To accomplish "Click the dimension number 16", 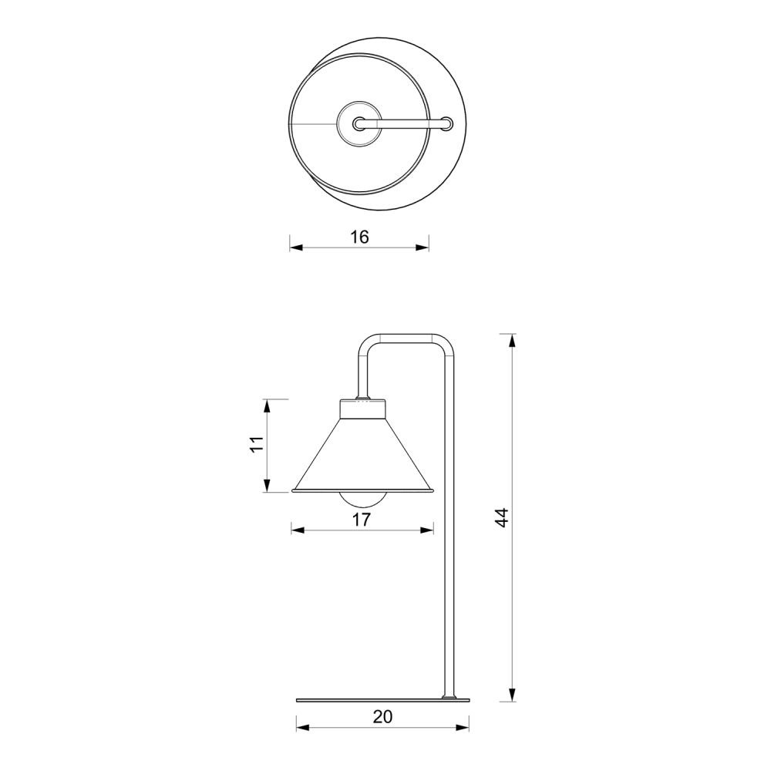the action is tap(359, 237).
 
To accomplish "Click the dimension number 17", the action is tap(362, 520).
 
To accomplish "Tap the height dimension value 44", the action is tap(501, 518).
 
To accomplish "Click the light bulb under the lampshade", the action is tap(363, 500).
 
